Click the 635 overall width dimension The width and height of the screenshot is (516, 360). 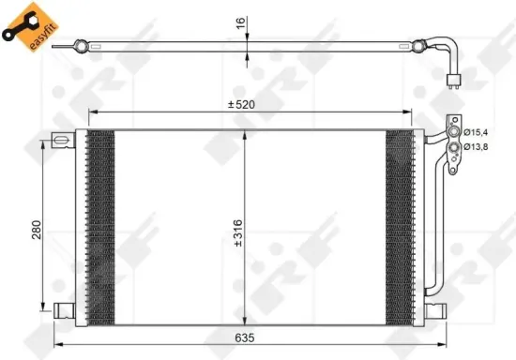(x=245, y=337)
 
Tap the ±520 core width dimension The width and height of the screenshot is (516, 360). (x=241, y=105)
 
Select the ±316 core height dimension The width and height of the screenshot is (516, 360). (x=238, y=233)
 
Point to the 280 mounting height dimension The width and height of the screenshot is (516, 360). (x=37, y=230)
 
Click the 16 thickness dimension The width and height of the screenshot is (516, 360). (x=241, y=22)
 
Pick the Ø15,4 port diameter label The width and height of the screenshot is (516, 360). (x=476, y=132)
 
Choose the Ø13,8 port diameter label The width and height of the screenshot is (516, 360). (x=476, y=147)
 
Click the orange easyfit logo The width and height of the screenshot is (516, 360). (x=30, y=26)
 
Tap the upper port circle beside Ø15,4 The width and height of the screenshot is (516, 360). (x=454, y=132)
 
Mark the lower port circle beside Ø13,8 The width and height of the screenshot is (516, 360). (x=454, y=146)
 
